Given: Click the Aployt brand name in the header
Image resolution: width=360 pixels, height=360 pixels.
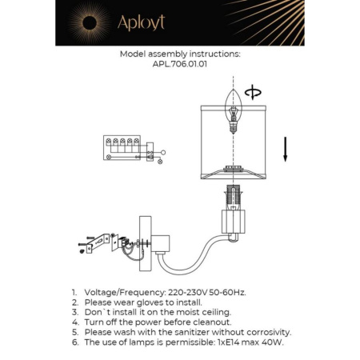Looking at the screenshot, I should [141, 23].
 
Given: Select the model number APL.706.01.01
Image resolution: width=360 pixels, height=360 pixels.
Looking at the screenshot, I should [179, 66].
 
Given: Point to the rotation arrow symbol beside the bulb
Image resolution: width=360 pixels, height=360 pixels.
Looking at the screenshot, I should [255, 94].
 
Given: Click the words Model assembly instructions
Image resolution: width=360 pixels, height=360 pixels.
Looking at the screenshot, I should [179, 56].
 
